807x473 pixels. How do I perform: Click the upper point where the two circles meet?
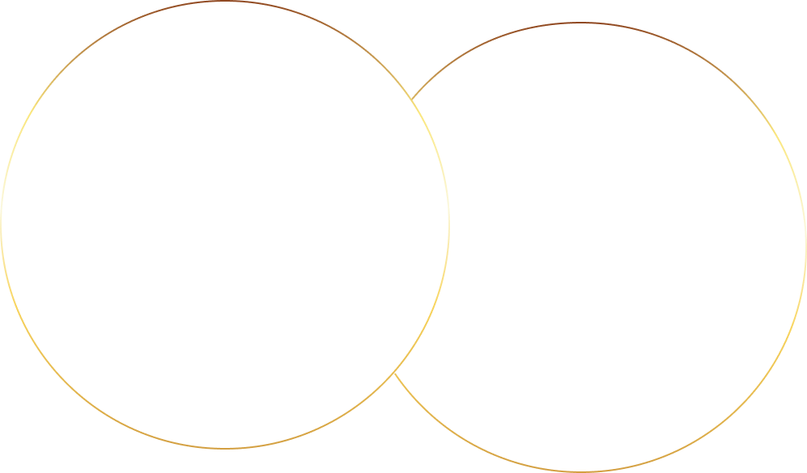pos(411,100)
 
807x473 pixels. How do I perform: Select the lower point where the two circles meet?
pos(394,373)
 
